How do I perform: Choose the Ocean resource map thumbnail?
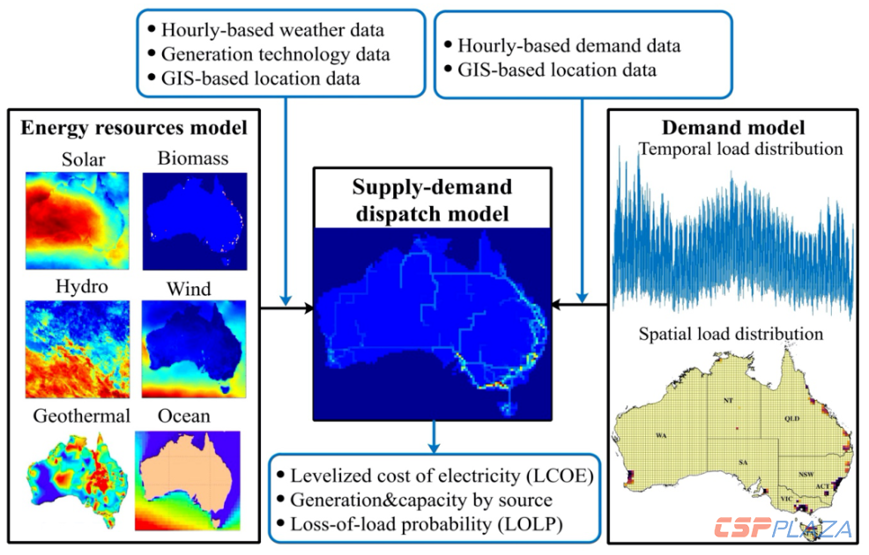point(188,480)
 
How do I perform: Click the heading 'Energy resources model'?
point(133,129)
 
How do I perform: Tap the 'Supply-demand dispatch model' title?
point(431,200)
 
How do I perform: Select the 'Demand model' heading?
point(733,127)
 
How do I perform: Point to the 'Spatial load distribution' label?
point(732,334)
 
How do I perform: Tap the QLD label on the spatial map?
point(792,418)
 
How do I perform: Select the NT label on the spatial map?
point(727,400)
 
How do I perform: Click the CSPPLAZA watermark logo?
point(783,529)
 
